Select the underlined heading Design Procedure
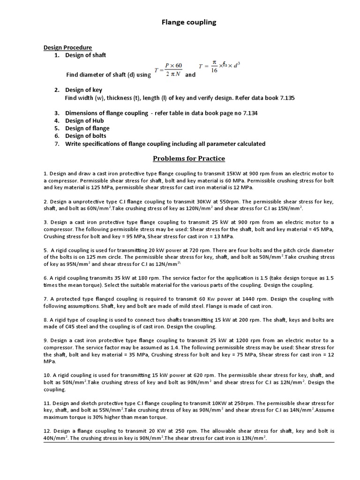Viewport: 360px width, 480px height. tap(67, 47)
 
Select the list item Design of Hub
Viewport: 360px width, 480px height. tap(84, 120)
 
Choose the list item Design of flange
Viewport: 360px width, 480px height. tap(87, 128)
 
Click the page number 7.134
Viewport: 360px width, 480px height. tap(248, 113)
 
